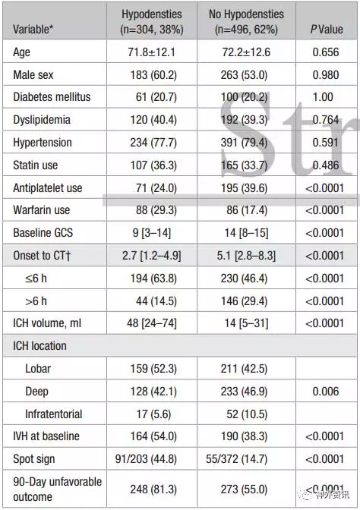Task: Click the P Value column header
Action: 327,30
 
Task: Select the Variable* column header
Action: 33,30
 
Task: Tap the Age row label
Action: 21,52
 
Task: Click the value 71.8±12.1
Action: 151,52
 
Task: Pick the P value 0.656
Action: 326,52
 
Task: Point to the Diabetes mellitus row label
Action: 52,97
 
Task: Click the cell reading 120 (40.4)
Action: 153,120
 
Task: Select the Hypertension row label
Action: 43,143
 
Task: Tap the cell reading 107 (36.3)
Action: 153,165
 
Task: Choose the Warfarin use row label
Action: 41,209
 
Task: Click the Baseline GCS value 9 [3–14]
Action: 152,233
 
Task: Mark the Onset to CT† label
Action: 42,255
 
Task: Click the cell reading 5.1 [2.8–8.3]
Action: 246,256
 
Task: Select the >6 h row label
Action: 36,301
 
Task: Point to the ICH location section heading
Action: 39,346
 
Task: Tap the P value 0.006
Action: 326,392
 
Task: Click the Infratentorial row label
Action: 54,414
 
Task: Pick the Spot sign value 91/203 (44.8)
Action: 146,459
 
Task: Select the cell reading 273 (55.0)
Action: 244,490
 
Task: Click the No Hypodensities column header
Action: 246,22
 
